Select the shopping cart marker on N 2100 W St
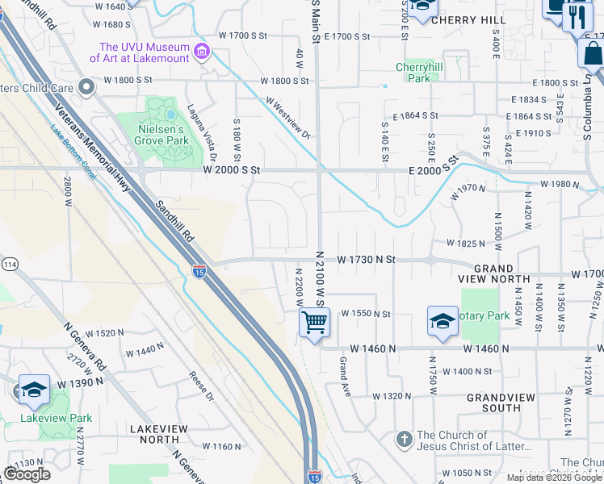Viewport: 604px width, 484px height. (313, 322)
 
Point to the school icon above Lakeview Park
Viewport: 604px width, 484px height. (34, 390)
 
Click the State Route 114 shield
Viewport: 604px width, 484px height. (10, 264)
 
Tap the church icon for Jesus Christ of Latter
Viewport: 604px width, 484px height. (404, 440)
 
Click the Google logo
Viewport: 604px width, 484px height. (27, 474)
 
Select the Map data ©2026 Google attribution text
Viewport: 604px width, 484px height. (553, 478)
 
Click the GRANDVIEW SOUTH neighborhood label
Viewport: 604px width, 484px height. (494, 403)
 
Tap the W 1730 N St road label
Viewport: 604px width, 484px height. (366, 260)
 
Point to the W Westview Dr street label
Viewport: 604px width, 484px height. (288, 119)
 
